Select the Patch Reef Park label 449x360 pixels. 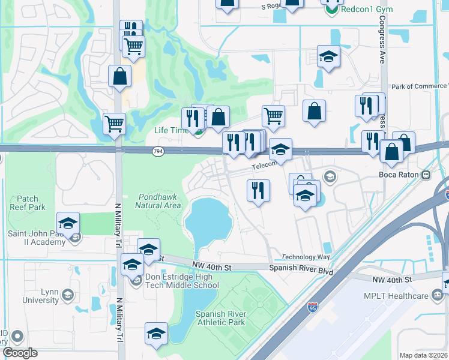coord(28,203)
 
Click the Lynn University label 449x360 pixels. coord(41,295)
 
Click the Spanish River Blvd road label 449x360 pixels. coord(301,269)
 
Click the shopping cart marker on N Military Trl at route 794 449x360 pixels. coord(114,125)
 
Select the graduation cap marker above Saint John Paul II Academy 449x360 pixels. coord(68,224)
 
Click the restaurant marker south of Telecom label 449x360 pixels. coord(258,191)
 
